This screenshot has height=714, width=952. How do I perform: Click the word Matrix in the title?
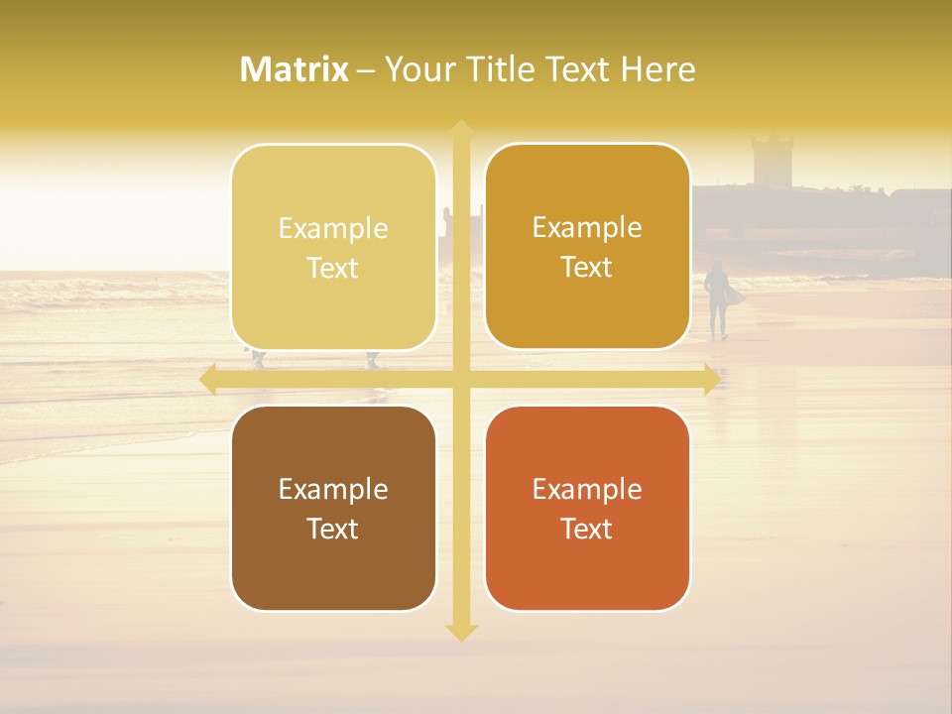pyautogui.click(x=295, y=69)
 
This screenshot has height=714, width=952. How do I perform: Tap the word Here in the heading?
pyautogui.click(x=657, y=69)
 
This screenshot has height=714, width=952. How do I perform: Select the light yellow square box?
pyautogui.click(x=333, y=247)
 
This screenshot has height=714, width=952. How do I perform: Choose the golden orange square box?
pyautogui.click(x=587, y=246)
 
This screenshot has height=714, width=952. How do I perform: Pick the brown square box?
pyautogui.click(x=333, y=508)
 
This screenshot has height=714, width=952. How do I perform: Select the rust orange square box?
pyautogui.click(x=587, y=508)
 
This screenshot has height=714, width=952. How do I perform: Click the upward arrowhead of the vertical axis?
pyautogui.click(x=461, y=128)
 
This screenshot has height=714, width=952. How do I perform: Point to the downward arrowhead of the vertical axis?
pyautogui.click(x=461, y=633)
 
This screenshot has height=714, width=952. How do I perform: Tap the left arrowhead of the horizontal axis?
pyautogui.click(x=207, y=380)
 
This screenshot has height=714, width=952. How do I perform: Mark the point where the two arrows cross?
pyautogui.click(x=461, y=380)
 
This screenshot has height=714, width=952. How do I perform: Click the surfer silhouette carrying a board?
pyautogui.click(x=717, y=298)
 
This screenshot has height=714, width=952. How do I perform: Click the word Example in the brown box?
pyautogui.click(x=333, y=489)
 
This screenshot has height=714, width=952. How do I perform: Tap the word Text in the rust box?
pyautogui.click(x=587, y=529)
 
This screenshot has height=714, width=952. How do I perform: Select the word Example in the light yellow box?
pyautogui.click(x=333, y=228)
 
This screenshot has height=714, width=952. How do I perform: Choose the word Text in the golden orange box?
pyautogui.click(x=587, y=267)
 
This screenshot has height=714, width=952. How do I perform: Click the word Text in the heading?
pyautogui.click(x=578, y=69)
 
